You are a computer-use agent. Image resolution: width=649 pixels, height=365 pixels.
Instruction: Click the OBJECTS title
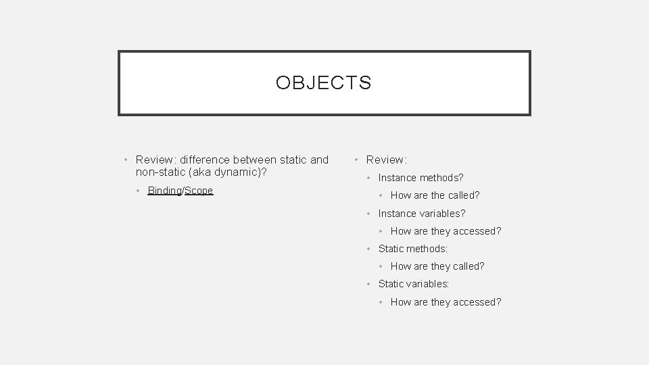[323, 83]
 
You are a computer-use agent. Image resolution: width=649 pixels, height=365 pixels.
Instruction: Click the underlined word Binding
[164, 191]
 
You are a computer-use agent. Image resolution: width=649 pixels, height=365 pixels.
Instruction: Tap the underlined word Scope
[199, 191]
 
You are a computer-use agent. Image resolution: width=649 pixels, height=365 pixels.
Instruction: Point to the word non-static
[160, 172]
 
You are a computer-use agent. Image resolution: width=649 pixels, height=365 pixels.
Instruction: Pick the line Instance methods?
[420, 178]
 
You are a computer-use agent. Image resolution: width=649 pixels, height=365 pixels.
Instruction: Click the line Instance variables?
[422, 214]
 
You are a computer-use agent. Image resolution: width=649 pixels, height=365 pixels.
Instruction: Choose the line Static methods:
[413, 249]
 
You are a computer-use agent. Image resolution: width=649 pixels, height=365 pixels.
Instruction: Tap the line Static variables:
[414, 284]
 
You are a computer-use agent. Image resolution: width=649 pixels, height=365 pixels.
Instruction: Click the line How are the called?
[435, 195]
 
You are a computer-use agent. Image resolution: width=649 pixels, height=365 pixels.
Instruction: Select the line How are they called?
[437, 266]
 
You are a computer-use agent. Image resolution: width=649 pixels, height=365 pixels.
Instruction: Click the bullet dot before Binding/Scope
[139, 191]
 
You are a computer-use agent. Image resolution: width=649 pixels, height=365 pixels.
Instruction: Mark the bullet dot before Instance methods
[368, 178]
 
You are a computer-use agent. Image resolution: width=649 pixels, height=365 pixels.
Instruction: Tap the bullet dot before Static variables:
[368, 285]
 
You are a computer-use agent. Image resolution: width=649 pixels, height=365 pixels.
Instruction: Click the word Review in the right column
[385, 160]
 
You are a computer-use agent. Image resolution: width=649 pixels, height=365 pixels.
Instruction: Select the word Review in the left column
[154, 160]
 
